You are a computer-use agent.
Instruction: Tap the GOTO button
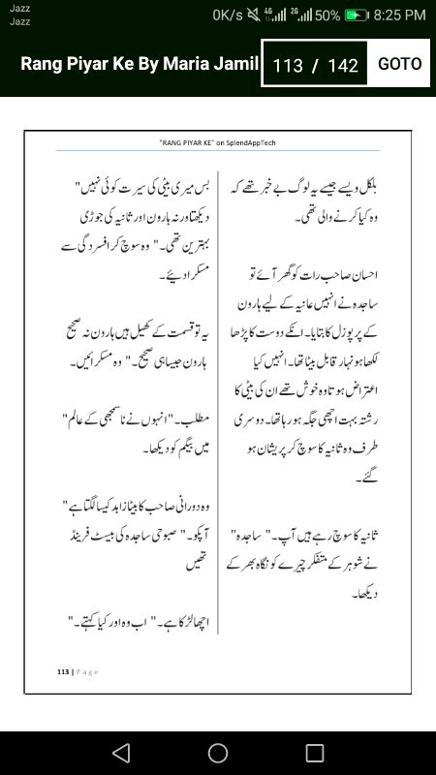pyautogui.click(x=399, y=64)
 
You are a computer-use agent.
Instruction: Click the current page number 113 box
pyautogui.click(x=288, y=66)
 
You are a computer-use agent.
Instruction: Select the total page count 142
pyautogui.click(x=343, y=66)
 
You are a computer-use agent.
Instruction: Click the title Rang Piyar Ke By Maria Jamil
pyautogui.click(x=140, y=64)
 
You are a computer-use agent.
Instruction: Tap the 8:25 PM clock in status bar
pyautogui.click(x=399, y=15)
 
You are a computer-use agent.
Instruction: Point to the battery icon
pyautogui.click(x=358, y=15)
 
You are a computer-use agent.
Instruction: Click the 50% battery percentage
pyautogui.click(x=327, y=15)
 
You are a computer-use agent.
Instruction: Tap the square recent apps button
pyautogui.click(x=315, y=753)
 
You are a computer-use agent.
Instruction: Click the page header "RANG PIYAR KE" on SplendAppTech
pyautogui.click(x=218, y=141)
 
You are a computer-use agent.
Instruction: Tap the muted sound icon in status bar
pyautogui.click(x=254, y=15)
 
